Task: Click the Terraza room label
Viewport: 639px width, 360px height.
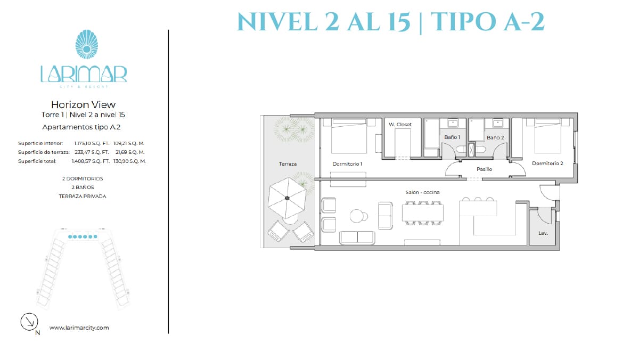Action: (288, 163)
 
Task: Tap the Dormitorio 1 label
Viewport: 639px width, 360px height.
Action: (347, 163)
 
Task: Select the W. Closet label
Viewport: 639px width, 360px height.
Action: (400, 125)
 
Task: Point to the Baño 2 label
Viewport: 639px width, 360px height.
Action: (495, 137)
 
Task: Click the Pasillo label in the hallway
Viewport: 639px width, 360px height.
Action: (484, 169)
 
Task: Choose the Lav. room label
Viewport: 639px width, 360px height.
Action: (543, 233)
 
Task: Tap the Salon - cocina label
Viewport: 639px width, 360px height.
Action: (422, 192)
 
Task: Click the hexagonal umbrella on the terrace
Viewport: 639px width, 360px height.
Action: (287, 198)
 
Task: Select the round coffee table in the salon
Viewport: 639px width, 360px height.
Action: (357, 216)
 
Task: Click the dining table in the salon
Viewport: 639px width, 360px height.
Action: (423, 213)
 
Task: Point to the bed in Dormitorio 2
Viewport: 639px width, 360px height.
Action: (548, 136)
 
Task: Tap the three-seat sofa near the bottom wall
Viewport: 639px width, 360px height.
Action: (357, 238)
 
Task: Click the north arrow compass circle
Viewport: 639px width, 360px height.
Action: (29, 322)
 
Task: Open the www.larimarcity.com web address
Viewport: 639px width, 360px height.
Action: (79, 328)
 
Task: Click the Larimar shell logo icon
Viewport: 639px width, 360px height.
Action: (87, 44)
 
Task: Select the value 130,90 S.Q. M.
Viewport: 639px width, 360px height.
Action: (129, 161)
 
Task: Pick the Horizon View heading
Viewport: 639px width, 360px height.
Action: (83, 105)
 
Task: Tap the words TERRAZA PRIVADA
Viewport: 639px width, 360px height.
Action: (83, 197)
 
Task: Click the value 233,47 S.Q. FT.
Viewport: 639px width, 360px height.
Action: (92, 152)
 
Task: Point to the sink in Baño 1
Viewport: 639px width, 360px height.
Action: (453, 123)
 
